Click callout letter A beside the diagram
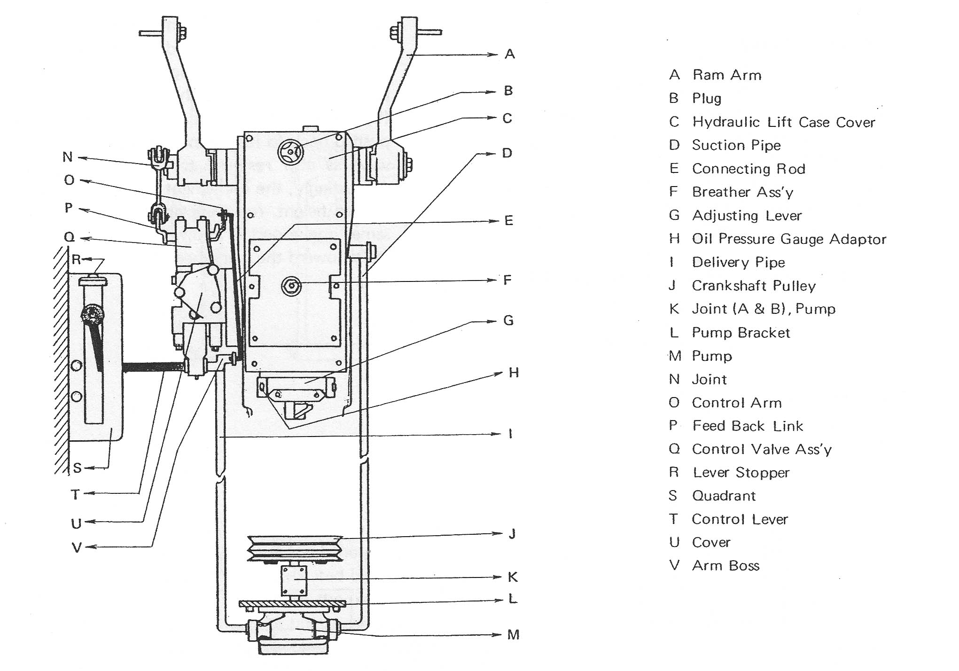(510, 55)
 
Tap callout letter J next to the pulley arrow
(512, 534)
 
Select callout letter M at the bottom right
(513, 635)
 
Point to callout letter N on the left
(68, 157)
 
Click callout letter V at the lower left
(77, 547)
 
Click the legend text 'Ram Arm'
(726, 75)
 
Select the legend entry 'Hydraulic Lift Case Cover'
(783, 122)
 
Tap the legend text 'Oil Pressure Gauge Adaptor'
(789, 239)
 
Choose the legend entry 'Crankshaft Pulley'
(754, 286)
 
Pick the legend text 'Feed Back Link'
(748, 426)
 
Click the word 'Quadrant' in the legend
(724, 496)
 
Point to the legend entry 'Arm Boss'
(725, 566)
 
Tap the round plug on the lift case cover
(291, 152)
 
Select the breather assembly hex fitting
(291, 285)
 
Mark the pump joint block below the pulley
(294, 580)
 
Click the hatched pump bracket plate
(292, 603)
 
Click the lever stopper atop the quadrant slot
(93, 281)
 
